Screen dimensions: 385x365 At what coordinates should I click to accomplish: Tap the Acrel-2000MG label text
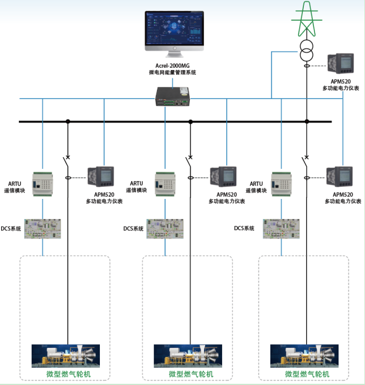(173, 65)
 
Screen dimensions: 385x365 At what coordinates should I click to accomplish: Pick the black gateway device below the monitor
(172, 96)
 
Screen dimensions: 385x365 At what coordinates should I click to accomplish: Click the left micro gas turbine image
(67, 355)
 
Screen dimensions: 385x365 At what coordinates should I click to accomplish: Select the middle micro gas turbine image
(189, 355)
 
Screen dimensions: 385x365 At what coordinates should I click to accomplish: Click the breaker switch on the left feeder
(67, 160)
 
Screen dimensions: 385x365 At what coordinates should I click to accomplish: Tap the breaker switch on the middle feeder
(189, 160)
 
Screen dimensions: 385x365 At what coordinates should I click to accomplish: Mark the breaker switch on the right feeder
(306, 160)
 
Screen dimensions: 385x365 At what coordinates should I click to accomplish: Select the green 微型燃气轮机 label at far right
(306, 374)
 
